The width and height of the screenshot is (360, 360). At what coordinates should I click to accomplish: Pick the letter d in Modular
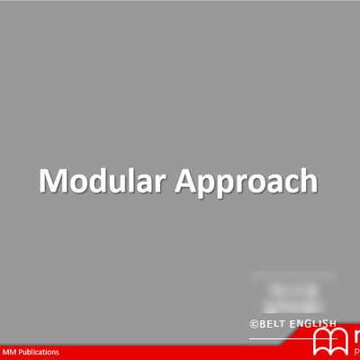point(96,180)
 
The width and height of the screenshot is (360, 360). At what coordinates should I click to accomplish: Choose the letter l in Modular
point(129,180)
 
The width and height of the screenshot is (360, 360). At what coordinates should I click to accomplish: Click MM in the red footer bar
point(10,352)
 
